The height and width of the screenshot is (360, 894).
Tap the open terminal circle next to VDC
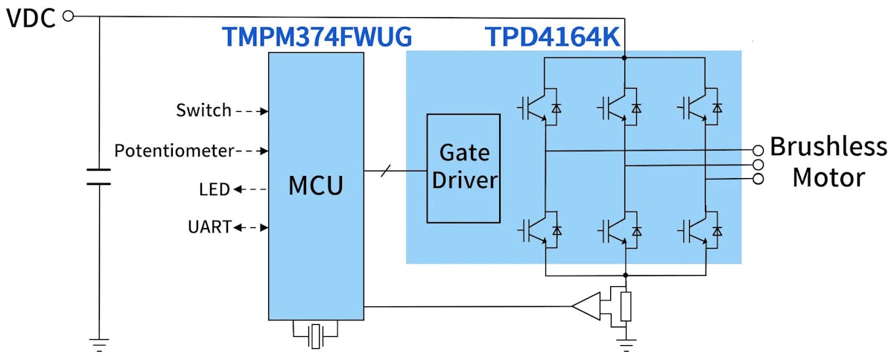point(69,16)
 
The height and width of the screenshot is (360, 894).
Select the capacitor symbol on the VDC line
point(98,177)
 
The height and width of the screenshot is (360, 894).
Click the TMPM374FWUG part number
point(317,37)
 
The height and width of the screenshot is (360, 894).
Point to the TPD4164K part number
point(553,37)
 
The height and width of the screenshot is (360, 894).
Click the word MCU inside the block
point(316,184)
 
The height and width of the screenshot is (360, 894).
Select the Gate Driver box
point(463,168)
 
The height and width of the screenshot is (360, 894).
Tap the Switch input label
point(203,111)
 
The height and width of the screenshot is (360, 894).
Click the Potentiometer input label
point(174,151)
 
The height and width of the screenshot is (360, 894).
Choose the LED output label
point(214,190)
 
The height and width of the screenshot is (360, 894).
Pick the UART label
point(209,227)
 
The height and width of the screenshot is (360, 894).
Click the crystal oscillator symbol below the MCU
point(317,335)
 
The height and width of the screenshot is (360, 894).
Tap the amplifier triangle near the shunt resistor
point(586,306)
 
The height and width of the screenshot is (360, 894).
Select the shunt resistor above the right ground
point(626,306)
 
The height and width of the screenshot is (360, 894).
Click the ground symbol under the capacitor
point(98,344)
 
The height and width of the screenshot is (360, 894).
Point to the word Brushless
point(828,146)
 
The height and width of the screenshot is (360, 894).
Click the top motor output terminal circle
point(758,149)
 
